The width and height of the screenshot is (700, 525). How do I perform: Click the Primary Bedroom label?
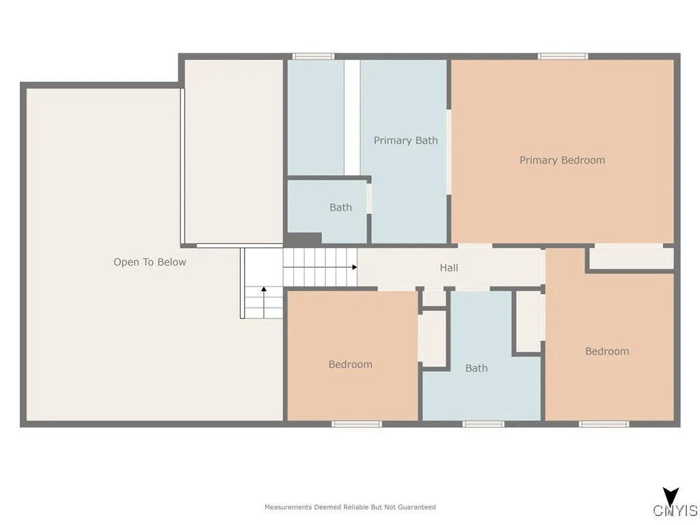tap(562, 161)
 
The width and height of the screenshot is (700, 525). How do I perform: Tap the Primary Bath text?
tap(405, 141)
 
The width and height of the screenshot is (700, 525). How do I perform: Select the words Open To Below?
tap(150, 262)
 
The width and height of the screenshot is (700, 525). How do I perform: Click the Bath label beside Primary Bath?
tap(340, 208)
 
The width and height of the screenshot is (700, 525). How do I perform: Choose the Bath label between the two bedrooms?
tap(476, 368)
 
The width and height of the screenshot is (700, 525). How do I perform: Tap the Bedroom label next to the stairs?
tap(350, 365)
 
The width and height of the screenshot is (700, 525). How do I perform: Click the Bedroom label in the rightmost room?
tap(607, 351)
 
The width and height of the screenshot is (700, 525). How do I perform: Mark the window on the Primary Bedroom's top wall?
tap(563, 56)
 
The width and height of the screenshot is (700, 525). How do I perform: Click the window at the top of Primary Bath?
tap(313, 56)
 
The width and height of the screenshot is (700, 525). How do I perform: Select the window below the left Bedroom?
tap(357, 425)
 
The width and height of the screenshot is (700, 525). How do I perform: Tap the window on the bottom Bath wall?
tap(483, 425)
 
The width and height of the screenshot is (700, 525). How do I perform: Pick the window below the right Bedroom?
tap(604, 425)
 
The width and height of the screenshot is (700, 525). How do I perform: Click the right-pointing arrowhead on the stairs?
tap(354, 267)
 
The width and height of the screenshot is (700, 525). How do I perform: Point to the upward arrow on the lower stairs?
tap(264, 290)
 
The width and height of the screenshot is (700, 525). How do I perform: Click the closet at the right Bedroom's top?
tap(631, 258)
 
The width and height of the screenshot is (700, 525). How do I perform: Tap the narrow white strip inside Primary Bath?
tap(352, 116)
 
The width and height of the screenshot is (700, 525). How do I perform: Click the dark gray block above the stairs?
tap(303, 239)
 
